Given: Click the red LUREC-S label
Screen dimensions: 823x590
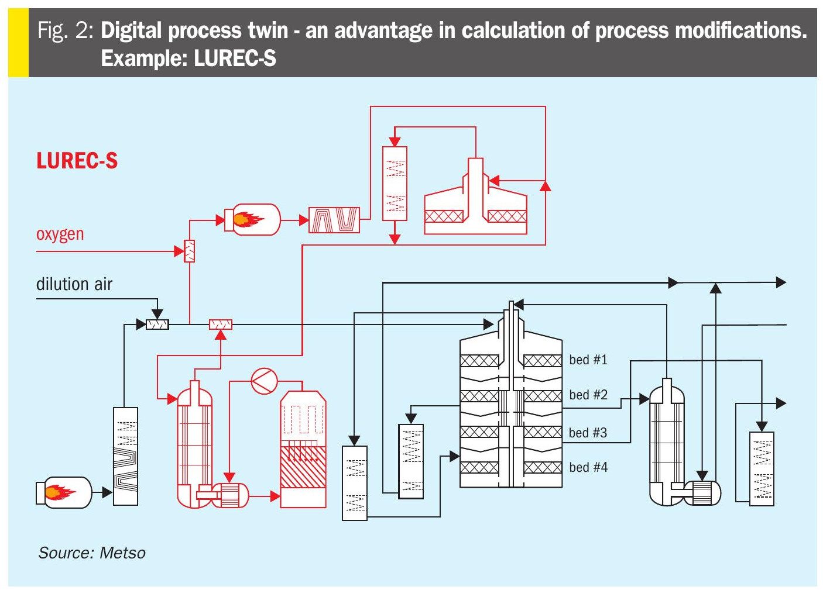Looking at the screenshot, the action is (x=77, y=161).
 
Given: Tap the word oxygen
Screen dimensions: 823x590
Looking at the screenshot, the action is (x=60, y=234).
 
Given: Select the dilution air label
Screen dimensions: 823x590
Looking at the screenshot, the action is (x=74, y=284).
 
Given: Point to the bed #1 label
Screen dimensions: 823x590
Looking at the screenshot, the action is (x=588, y=360).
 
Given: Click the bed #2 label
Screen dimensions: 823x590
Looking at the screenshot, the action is (x=588, y=395).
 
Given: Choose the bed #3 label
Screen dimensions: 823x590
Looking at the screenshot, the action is (x=588, y=433).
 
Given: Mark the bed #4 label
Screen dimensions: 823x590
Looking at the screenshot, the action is (x=588, y=467).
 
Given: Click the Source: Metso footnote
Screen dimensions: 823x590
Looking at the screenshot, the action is (x=92, y=553).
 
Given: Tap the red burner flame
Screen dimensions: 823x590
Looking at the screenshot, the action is (x=248, y=219).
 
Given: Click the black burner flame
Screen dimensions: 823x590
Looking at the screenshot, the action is (x=60, y=492).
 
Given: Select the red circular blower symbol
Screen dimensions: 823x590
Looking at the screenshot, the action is (x=264, y=381).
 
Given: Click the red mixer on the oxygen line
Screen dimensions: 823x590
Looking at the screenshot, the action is (x=189, y=251).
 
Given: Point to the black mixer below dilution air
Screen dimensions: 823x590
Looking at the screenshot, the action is (x=157, y=325).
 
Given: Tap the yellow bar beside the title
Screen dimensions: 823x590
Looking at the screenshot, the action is (x=18, y=43).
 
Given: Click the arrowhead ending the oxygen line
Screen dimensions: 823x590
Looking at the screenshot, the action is (x=179, y=251).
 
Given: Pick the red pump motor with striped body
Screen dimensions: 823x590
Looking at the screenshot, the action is (x=230, y=495).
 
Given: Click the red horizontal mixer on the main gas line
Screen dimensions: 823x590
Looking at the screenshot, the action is (x=221, y=325).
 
